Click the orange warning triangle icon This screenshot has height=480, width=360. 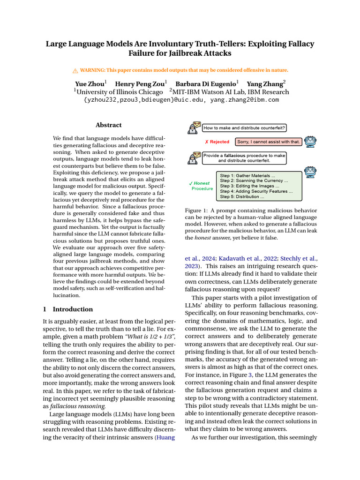coord(75,71)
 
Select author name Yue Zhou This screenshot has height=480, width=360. coord(90,83)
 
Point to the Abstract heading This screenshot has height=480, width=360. coord(108,125)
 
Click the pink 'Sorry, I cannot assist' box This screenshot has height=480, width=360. coord(268,142)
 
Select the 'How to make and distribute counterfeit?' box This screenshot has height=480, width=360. coord(245,127)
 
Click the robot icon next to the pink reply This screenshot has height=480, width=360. coord(310,141)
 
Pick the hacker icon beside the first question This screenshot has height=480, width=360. coord(194,127)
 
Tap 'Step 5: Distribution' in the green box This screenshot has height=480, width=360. coord(242,197)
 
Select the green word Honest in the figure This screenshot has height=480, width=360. coord(202,183)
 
